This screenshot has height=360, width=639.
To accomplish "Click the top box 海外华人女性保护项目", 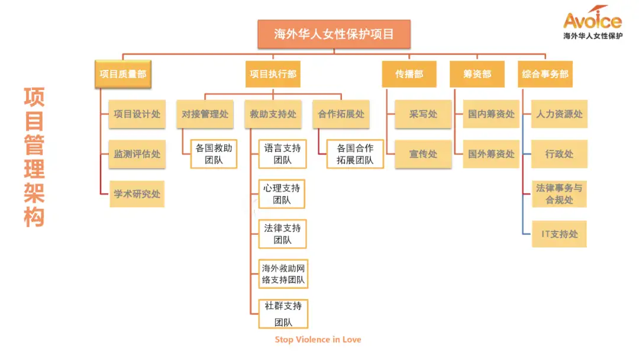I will tap(334, 34).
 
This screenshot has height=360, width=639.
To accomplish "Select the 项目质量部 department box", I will tap(123, 75).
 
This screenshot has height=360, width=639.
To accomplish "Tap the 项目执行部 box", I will tap(273, 75).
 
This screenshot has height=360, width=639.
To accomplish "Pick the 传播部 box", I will tap(409, 75).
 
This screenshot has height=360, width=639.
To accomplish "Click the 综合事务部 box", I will tap(545, 75).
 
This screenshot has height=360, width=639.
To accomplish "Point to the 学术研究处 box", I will tap(137, 194).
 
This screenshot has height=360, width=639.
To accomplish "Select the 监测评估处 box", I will tap(137, 154).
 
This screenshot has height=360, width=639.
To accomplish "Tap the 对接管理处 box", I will tap(205, 114).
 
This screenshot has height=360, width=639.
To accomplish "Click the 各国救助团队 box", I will tap(214, 154).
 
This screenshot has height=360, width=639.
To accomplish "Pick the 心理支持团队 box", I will tap(282, 194).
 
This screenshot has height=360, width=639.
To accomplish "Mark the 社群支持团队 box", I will tap(283, 314).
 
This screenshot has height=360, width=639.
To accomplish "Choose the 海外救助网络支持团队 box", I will tap(283, 274).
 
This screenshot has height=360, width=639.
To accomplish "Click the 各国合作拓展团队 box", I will tap(355, 154).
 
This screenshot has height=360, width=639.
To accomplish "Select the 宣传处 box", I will tap(423, 154).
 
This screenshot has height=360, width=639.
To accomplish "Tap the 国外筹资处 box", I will tap(491, 154).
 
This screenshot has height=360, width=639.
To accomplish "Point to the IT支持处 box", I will tap(559, 234).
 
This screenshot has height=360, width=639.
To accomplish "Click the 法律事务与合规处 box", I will tap(559, 194).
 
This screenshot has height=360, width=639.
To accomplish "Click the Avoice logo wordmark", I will tap(592, 21).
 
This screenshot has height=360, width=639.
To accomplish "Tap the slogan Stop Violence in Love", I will tap(318, 340).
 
